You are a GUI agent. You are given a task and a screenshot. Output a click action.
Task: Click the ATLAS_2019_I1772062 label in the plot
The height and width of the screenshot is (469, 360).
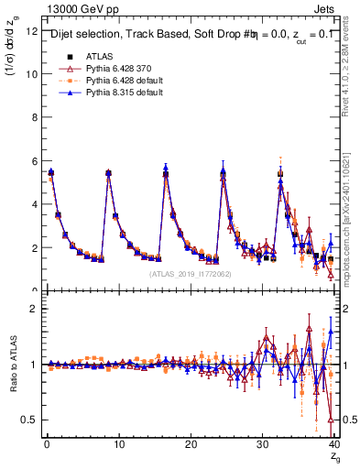pyautogui.click(x=190, y=274)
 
